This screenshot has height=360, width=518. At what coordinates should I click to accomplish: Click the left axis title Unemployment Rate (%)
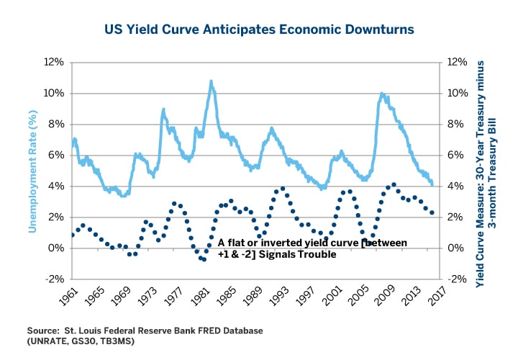point(32,171)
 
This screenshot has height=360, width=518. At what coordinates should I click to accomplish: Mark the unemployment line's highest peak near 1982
point(211,81)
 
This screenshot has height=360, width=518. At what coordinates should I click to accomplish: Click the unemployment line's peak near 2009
point(382,93)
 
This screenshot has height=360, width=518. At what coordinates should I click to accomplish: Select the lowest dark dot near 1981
point(204,259)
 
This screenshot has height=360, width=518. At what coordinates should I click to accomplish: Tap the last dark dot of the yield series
point(432,212)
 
